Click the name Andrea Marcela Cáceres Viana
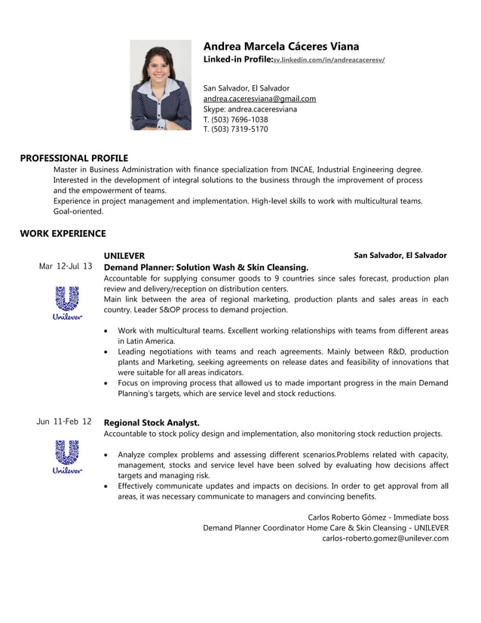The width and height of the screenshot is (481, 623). coord(280,46)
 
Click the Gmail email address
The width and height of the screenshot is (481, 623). coord(259,99)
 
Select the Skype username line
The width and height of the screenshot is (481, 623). coord(250,109)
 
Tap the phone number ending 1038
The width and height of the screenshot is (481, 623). coord(235,119)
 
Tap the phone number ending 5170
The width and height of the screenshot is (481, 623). coord(235,129)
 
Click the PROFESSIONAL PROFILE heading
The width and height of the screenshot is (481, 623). coord(74,158)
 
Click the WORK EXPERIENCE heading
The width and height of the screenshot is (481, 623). coord(63,234)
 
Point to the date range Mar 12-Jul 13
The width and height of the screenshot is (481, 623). coord(66,266)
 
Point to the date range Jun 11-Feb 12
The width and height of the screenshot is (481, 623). coord(64,422)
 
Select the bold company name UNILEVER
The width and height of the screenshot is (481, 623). coord(124,256)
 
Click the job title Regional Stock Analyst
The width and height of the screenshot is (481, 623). coord(151,422)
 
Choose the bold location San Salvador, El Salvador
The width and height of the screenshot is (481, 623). coord(400,256)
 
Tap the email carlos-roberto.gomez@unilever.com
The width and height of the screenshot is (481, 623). coord(385,539)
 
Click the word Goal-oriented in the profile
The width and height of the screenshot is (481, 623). coord(78,212)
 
